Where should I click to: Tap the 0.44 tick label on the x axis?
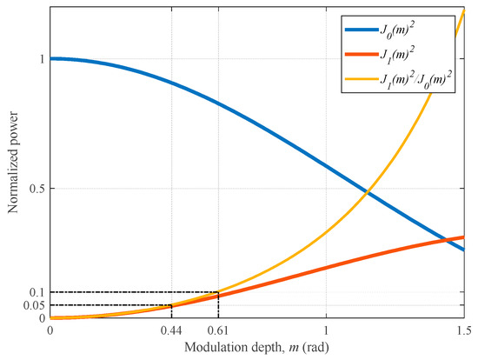tap(171, 330)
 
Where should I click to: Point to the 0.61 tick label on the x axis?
tap(218, 330)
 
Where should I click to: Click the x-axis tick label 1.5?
tap(463, 330)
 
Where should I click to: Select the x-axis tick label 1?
tap(326, 330)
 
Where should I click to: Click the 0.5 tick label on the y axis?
tap(34, 189)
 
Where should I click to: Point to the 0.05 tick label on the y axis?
tap(31, 305)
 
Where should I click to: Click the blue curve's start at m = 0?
tap(50, 59)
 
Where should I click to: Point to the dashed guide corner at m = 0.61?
tap(218, 292)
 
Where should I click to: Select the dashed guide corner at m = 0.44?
tap(171, 305)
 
